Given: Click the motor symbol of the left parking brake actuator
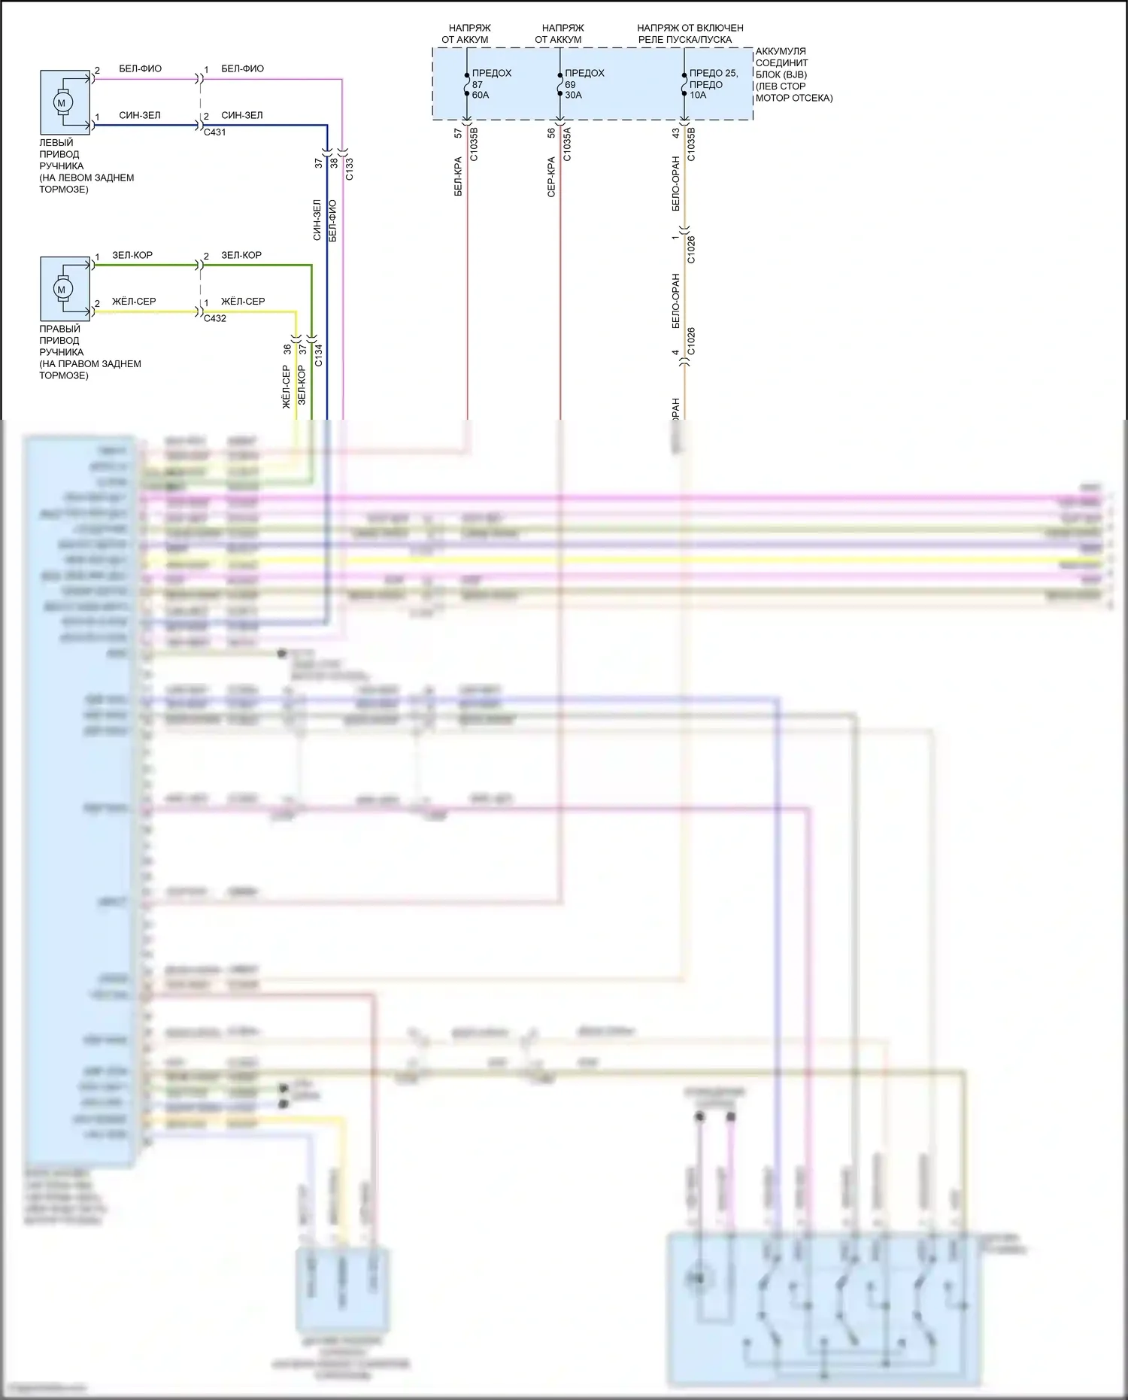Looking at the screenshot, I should [x=62, y=103].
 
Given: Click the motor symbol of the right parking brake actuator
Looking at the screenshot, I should [x=62, y=290].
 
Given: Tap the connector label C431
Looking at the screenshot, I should [x=214, y=132].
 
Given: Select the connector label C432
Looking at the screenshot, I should [x=214, y=318].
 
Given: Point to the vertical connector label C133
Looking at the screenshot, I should [x=350, y=169].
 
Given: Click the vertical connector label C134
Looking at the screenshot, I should [x=318, y=355].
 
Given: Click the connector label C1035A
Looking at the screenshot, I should [x=567, y=144].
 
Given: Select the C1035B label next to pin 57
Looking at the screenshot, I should [x=474, y=144].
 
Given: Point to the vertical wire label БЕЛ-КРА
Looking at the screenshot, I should [x=458, y=177].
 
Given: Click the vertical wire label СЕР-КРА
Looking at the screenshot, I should [x=551, y=177].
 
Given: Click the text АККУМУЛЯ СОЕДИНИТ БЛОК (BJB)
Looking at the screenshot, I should [x=782, y=63].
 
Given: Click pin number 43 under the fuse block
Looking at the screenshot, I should [x=675, y=132].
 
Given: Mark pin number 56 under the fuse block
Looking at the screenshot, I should [x=551, y=132].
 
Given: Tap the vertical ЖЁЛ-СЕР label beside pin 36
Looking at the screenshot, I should [x=287, y=387].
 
